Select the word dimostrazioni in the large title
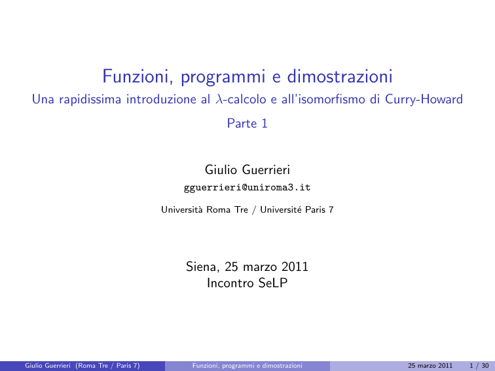pyautogui.click(x=340, y=76)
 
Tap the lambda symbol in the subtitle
pyautogui.click(x=219, y=99)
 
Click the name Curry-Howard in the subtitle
pyautogui.click(x=424, y=99)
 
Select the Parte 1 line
pyautogui.click(x=247, y=123)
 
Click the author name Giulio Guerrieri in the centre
pyautogui.click(x=247, y=169)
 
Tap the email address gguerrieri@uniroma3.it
pyautogui.click(x=247, y=187)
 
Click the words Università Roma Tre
pyautogui.click(x=204, y=209)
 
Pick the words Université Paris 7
pyautogui.click(x=297, y=209)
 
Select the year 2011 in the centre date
pyautogui.click(x=295, y=266)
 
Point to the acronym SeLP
pyautogui.click(x=273, y=283)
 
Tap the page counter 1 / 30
pyautogui.click(x=479, y=366)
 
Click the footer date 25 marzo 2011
pyautogui.click(x=430, y=366)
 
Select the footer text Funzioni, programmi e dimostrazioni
pyautogui.click(x=247, y=366)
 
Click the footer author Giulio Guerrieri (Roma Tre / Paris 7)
pyautogui.click(x=82, y=366)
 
